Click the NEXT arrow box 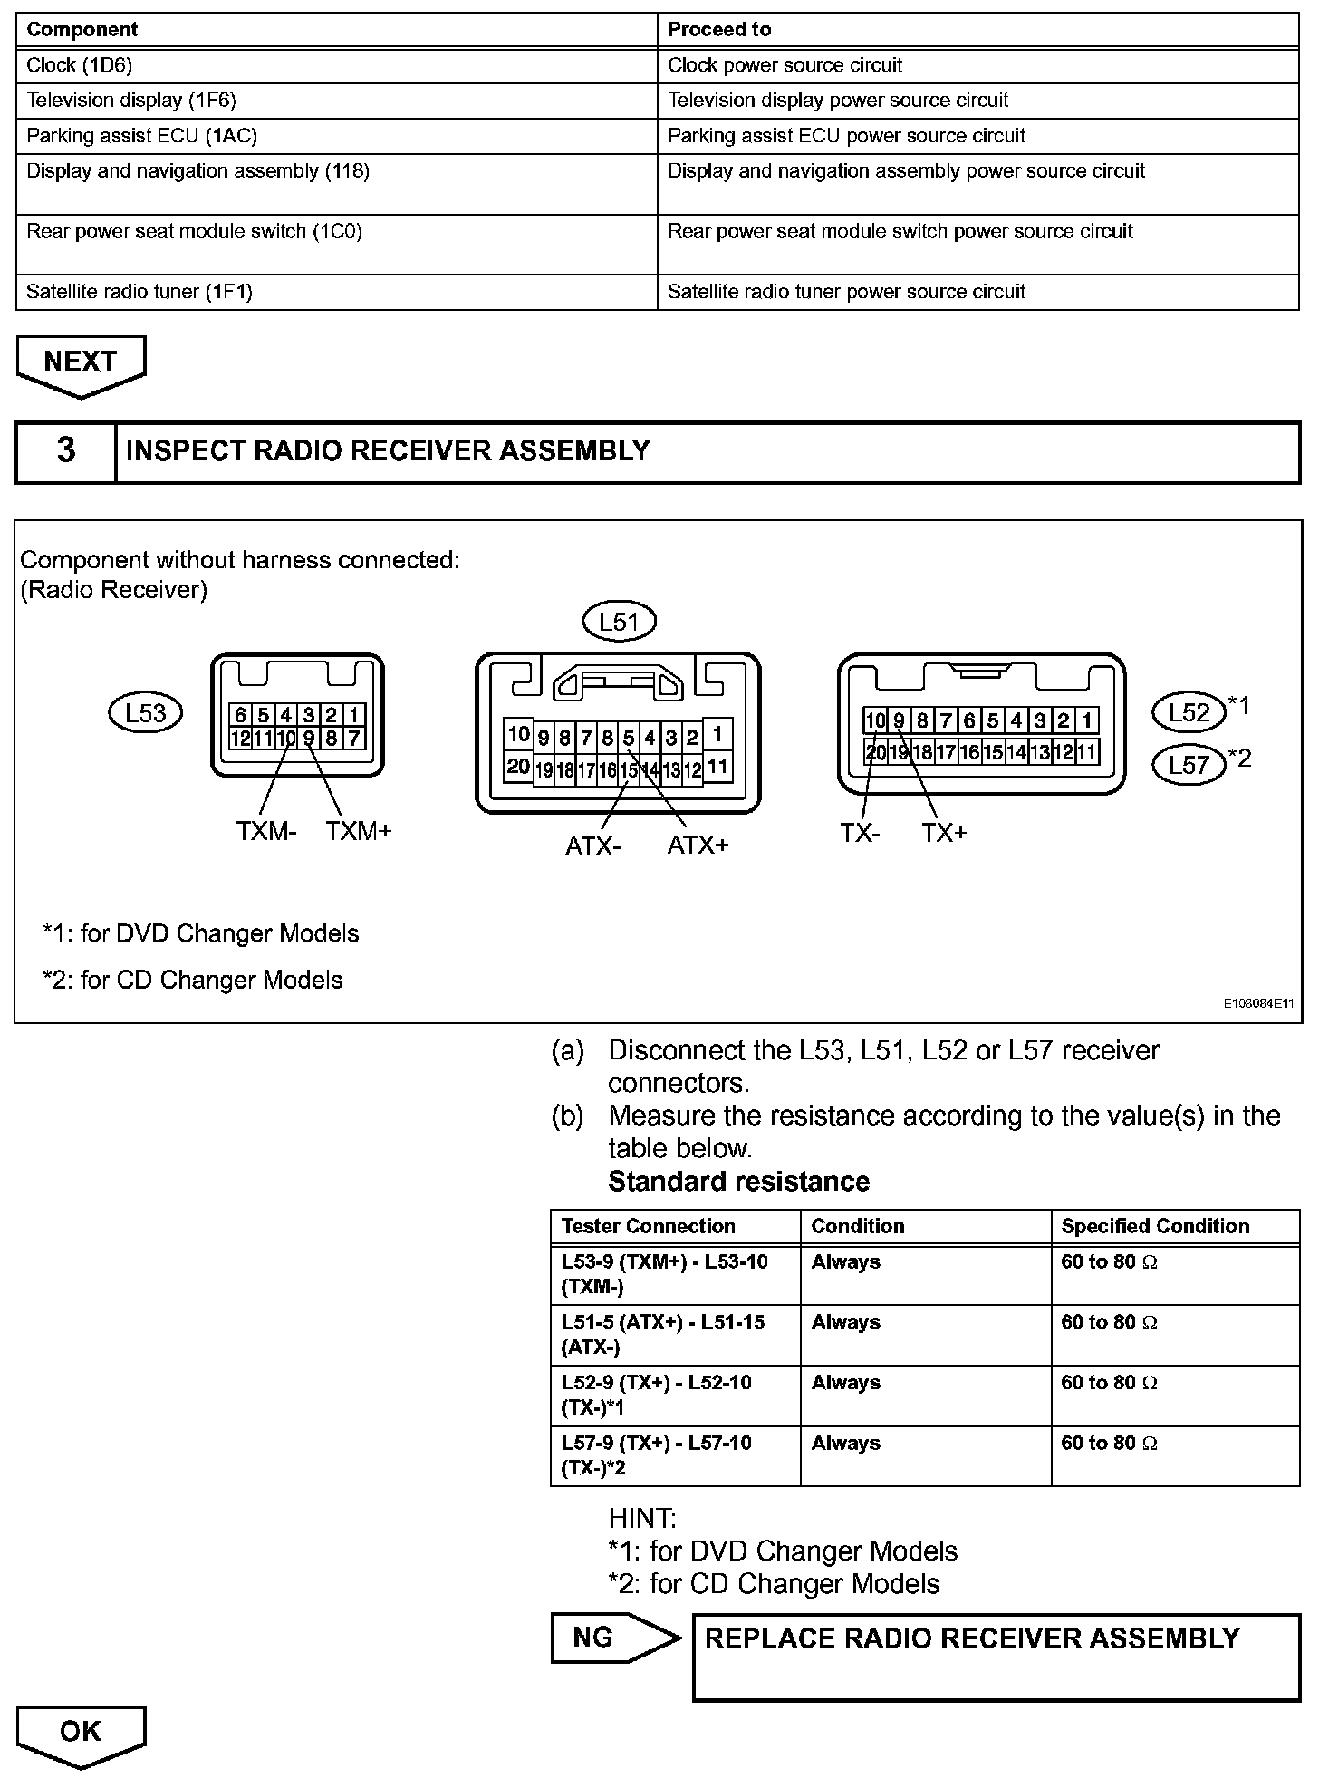[81, 362]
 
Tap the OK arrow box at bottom [81, 1732]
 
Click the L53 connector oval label [145, 712]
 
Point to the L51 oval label [619, 622]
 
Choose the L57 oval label [1189, 765]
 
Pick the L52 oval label [1189, 712]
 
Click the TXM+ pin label [359, 831]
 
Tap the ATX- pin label [593, 846]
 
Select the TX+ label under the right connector [944, 833]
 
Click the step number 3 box [66, 451]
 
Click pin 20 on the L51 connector [518, 767]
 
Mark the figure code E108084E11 [1258, 1004]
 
